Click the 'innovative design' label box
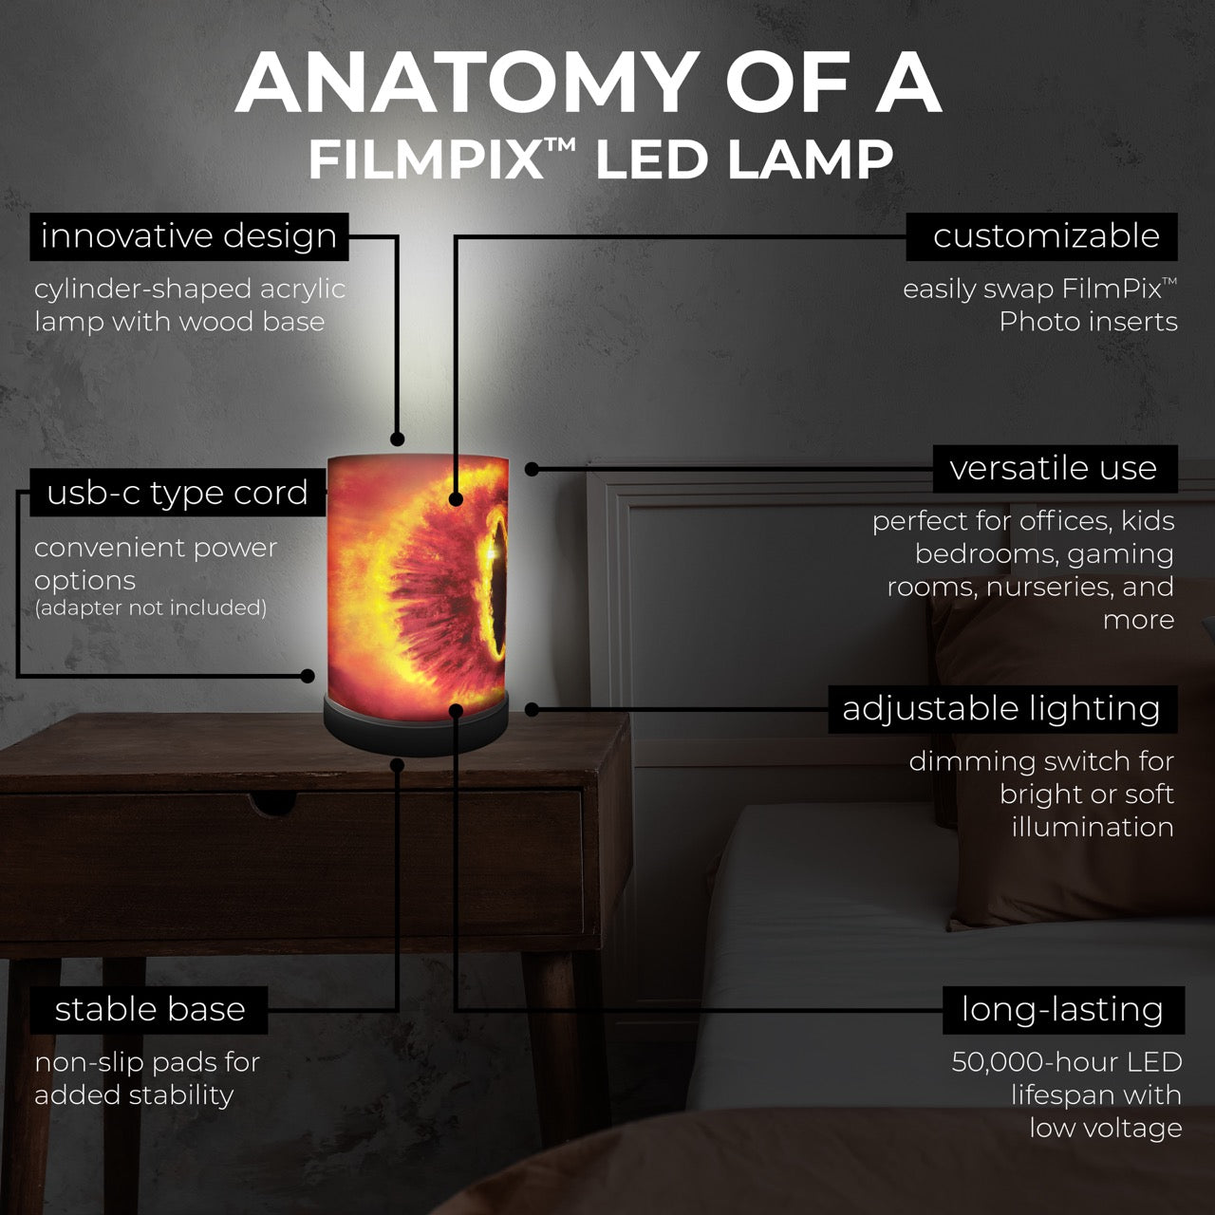(189, 236)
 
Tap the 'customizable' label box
(1041, 236)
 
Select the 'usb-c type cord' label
(178, 493)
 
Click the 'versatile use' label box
(1055, 469)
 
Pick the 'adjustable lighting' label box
(1002, 709)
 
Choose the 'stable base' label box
(149, 1010)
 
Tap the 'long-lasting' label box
(1063, 1010)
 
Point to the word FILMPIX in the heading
(426, 160)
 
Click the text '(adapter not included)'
(151, 607)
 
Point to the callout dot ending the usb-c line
(308, 676)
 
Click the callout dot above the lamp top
(397, 439)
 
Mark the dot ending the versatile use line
(533, 469)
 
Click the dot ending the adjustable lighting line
(533, 710)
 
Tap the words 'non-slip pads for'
(147, 1063)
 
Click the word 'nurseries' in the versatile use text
(1046, 587)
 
